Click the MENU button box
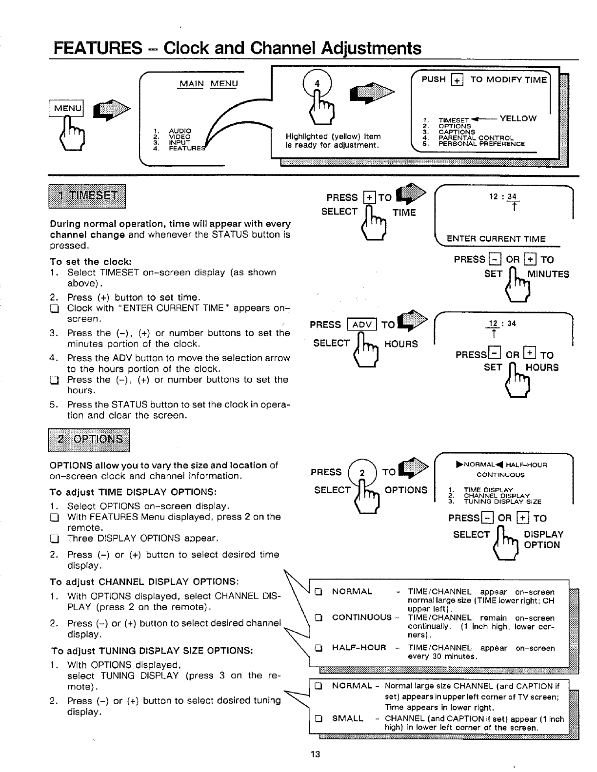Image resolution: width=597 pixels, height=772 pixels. click(x=67, y=108)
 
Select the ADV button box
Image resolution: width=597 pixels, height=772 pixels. click(x=361, y=325)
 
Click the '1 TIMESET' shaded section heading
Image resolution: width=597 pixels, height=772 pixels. click(x=87, y=196)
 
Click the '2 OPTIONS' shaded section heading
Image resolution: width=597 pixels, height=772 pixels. click(x=90, y=439)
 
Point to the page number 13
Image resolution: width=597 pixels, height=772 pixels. click(x=315, y=755)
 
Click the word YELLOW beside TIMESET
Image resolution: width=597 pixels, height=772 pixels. click(x=518, y=118)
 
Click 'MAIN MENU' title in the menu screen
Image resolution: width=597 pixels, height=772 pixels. click(x=208, y=84)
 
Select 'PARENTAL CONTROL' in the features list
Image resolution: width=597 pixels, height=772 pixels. click(x=476, y=138)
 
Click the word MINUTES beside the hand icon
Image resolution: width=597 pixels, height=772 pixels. click(x=548, y=274)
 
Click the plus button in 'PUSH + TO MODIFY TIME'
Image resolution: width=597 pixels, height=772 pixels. click(x=457, y=80)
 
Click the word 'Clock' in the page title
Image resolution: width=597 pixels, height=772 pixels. click(x=185, y=48)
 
